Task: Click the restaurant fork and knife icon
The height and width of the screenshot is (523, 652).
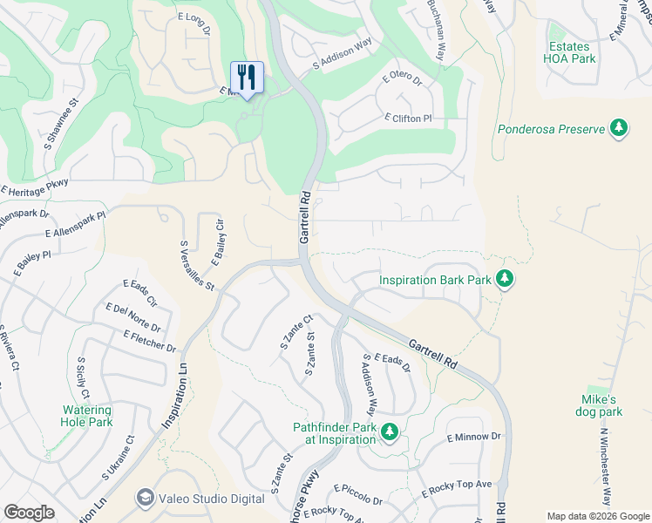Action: (247, 78)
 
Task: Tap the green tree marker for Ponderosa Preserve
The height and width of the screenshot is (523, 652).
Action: (619, 129)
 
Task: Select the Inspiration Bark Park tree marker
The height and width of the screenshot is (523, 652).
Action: (504, 280)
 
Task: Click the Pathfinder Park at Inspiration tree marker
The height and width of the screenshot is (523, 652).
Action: (391, 431)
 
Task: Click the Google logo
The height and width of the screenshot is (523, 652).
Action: (29, 513)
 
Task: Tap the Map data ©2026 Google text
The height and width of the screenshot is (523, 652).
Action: (597, 515)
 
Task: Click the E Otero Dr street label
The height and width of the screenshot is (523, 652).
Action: (402, 81)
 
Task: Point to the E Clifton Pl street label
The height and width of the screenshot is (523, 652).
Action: (407, 118)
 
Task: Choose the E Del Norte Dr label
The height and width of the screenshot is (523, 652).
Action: (132, 317)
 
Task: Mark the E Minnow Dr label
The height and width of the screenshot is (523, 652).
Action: (475, 436)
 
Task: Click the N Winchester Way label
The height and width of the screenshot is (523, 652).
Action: (604, 465)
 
